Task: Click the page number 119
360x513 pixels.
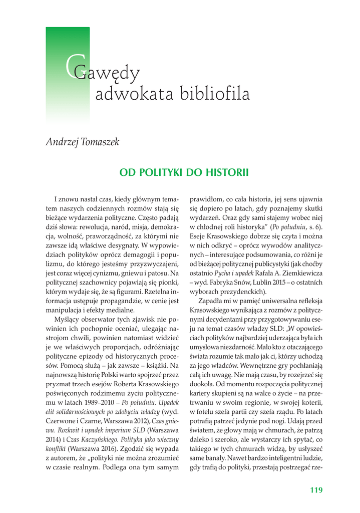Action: pos(316,490)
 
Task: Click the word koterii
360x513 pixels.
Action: pos(308,408)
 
